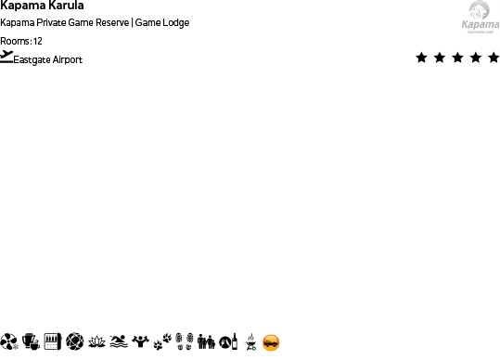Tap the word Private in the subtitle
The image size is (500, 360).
coord(59,22)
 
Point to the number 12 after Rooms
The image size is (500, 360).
coord(37,41)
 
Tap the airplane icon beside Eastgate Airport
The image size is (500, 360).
coord(7,56)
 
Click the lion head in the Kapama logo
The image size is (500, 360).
coord(480,11)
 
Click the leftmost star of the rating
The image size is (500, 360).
coord(422,58)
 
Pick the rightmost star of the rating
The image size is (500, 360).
coord(493,58)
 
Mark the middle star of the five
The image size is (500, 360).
coord(457,58)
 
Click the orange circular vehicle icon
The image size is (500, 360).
coord(271,342)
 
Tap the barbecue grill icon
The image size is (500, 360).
coord(249,342)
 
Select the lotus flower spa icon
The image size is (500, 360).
coord(96,342)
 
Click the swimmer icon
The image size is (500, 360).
coord(118,342)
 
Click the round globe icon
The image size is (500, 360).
coord(75,342)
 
